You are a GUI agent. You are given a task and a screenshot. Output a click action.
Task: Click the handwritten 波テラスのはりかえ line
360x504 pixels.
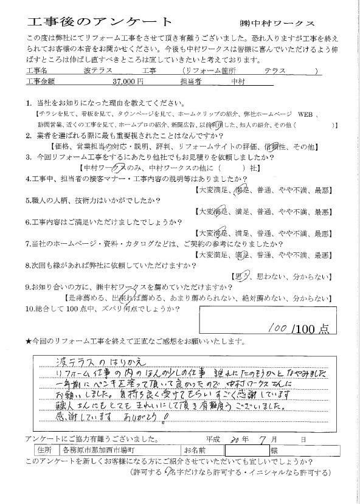point(91,361)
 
